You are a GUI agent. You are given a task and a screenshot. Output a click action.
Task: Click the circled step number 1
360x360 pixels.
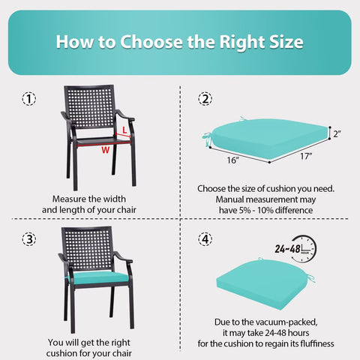tap(29, 99)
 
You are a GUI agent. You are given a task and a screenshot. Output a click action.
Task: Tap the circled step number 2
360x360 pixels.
tap(205, 99)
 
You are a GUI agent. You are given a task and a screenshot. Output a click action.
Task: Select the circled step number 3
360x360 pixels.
tap(29, 239)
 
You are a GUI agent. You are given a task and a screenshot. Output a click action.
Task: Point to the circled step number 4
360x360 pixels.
tap(205, 239)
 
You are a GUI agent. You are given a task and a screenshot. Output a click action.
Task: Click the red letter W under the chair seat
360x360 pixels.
tap(106, 150)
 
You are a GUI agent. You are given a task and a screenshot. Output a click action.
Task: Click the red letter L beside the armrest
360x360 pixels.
tap(124, 130)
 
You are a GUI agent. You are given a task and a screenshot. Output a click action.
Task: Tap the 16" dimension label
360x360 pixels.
tap(233, 160)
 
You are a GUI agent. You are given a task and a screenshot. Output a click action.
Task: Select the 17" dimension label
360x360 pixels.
tap(306, 156)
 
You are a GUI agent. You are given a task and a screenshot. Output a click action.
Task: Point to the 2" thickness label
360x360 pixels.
tap(337, 134)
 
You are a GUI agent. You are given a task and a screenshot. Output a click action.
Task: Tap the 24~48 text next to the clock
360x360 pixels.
tap(287, 249)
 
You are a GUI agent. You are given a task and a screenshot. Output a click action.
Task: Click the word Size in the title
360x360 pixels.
tap(286, 42)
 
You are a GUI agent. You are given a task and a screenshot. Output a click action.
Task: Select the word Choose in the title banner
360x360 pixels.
tap(151, 42)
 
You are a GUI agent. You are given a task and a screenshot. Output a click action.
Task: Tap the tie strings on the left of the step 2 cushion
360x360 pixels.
tap(207, 139)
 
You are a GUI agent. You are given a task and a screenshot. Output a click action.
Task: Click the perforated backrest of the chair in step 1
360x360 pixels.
tap(90, 107)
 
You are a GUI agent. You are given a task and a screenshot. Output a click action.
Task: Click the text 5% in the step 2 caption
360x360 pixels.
tap(245, 210)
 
